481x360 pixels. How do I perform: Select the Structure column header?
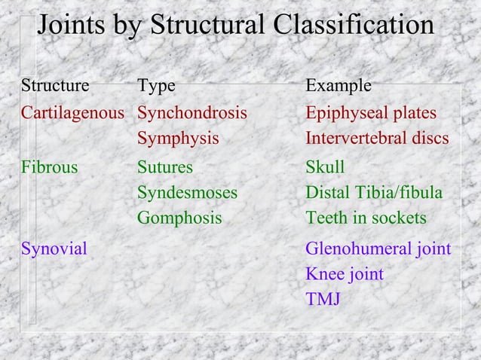tap(54, 86)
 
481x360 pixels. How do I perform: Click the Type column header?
tap(156, 86)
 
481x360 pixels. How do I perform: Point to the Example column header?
tap(338, 86)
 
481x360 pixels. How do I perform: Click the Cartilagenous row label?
tap(72, 113)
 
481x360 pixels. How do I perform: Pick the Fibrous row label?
tap(49, 167)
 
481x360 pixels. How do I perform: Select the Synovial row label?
tap(54, 248)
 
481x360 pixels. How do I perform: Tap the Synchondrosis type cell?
tap(191, 113)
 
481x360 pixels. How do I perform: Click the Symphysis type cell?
tap(178, 139)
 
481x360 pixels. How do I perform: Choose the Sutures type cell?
tap(164, 167)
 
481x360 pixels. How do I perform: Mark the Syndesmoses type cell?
tap(187, 193)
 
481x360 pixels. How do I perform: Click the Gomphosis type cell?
tap(179, 218)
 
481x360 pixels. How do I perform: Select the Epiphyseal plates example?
tap(370, 113)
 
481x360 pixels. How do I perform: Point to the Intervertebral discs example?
tap(377, 139)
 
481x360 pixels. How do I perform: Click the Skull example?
tap(324, 167)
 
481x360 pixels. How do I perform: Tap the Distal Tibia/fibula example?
tap(373, 193)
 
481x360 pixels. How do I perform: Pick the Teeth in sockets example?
tap(366, 218)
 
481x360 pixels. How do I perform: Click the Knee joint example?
tap(344, 274)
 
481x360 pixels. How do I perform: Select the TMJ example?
tap(322, 300)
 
